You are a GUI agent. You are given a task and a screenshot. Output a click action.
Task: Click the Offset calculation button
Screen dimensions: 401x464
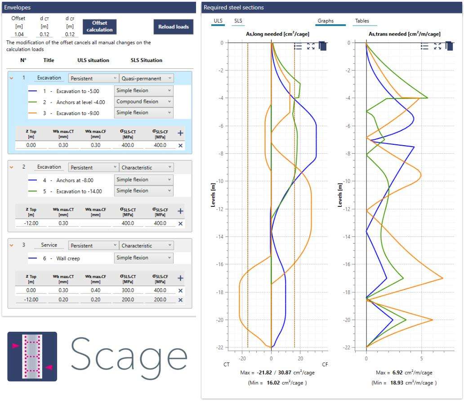(99, 27)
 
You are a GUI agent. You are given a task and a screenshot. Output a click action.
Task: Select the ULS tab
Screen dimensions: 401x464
(218, 21)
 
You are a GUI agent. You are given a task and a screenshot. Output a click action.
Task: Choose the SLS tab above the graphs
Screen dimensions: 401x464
(238, 21)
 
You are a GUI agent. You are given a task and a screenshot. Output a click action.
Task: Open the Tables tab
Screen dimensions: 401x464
(362, 21)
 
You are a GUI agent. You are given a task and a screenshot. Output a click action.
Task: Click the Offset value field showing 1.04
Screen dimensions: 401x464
(19, 34)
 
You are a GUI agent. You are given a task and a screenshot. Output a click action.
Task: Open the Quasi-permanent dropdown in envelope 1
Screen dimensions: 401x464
(146, 78)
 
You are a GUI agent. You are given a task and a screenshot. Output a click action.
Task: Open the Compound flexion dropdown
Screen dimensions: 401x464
(143, 102)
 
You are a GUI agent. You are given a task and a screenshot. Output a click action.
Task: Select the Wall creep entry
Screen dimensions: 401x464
(68, 258)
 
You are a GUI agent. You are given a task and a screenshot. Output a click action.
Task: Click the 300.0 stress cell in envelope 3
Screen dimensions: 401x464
(128, 290)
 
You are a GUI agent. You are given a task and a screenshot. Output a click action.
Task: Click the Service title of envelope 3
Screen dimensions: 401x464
(49, 245)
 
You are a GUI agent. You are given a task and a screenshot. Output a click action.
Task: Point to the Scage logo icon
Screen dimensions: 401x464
(32, 356)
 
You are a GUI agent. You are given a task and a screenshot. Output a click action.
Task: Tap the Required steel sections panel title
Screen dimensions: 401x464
(234, 8)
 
